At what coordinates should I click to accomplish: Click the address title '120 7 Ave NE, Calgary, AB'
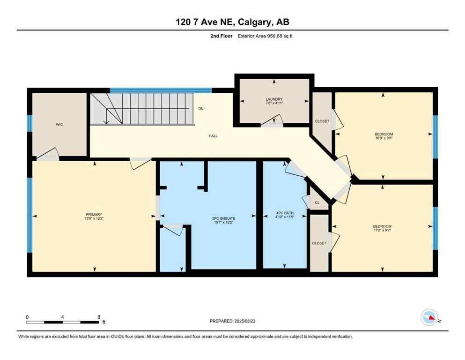point(232,22)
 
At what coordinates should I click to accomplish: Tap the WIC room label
point(59,124)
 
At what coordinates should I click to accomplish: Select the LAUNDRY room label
point(274,99)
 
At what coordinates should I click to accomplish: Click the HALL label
point(213,136)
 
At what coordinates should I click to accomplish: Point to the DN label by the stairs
point(201,109)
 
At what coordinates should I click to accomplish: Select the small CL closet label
point(317,203)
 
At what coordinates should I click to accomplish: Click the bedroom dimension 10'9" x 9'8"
point(383,137)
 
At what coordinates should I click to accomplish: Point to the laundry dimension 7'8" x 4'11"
point(274,103)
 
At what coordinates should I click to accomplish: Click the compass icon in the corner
point(429,317)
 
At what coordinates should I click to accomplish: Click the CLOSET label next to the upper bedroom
point(322,121)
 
